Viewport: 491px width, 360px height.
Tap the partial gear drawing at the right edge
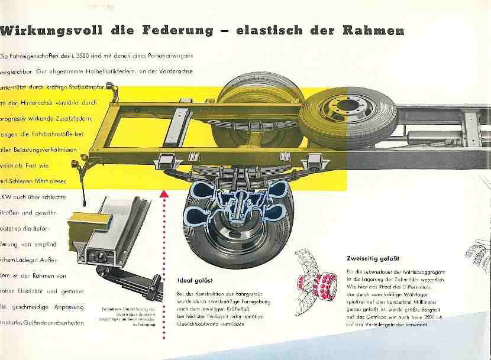pyautogui.click(x=480, y=251)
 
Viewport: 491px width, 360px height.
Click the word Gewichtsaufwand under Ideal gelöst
pyautogui.click(x=198, y=324)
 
